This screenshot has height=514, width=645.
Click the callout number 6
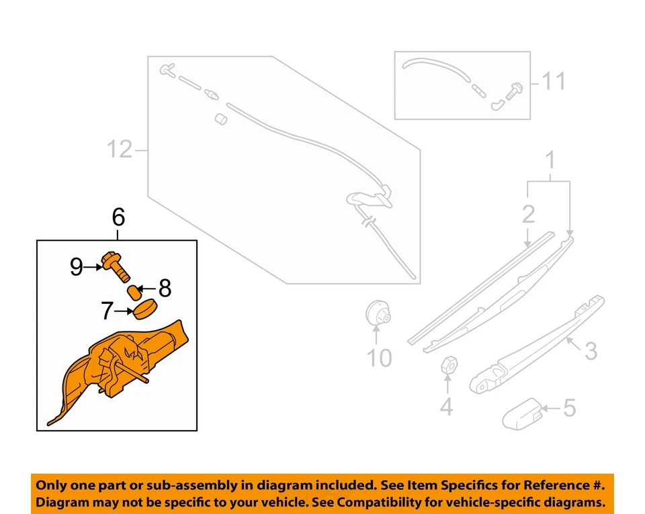click(x=118, y=217)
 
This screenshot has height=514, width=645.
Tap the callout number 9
click(x=78, y=268)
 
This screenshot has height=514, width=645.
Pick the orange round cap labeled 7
click(x=144, y=311)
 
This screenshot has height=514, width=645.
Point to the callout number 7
click(x=107, y=311)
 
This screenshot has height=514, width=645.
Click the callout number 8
click(x=165, y=289)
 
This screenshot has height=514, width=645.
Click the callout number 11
click(x=554, y=82)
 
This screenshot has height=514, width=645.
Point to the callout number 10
click(x=379, y=358)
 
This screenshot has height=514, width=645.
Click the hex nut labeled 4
click(x=448, y=366)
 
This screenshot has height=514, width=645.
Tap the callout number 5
click(x=570, y=407)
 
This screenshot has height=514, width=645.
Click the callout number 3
click(x=590, y=351)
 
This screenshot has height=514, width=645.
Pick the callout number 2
click(x=528, y=214)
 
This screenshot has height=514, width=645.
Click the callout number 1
click(x=550, y=161)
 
